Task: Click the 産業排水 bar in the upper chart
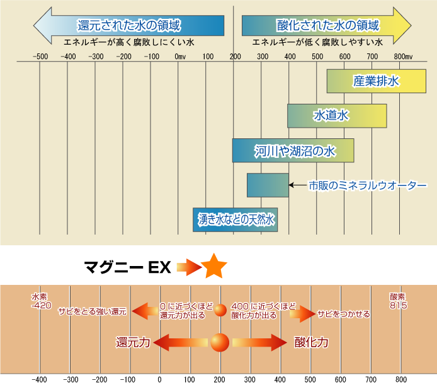coord(376,81)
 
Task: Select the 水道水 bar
coord(337,116)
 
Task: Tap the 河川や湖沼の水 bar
coord(293,150)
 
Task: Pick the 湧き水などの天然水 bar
coord(235,219)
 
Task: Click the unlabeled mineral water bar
coord(268,184)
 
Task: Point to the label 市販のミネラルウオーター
coord(367,186)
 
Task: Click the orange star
coord(214,267)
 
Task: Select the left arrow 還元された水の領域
coord(128,26)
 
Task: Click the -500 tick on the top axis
coord(40,57)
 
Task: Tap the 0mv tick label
coord(180,57)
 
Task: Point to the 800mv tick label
coord(403,57)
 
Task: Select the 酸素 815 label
coord(398,301)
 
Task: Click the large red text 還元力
coord(133,342)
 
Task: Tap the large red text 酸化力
coord(311,342)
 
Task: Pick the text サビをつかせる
coord(343,313)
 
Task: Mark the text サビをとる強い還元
coord(93,311)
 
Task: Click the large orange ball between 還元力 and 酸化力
coord(220,342)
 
